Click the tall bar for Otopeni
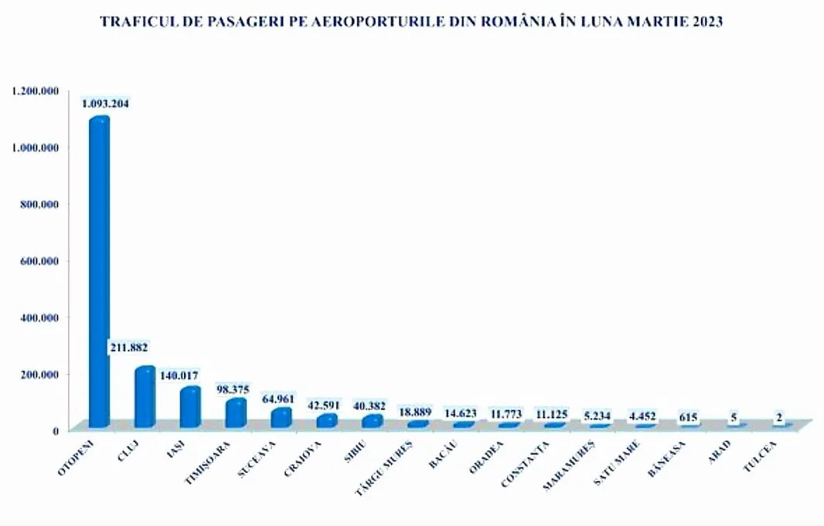point(99,270)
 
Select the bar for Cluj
point(145,397)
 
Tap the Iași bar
point(190,407)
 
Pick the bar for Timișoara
point(236,413)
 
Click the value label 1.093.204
point(106,104)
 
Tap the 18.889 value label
point(415,412)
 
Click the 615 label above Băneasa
point(688,418)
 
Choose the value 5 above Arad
point(733,418)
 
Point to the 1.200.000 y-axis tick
point(36,91)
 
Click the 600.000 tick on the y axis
point(39,261)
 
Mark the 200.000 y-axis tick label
point(39,374)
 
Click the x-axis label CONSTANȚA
point(525,463)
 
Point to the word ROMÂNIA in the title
point(515,22)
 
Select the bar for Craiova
point(327,421)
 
